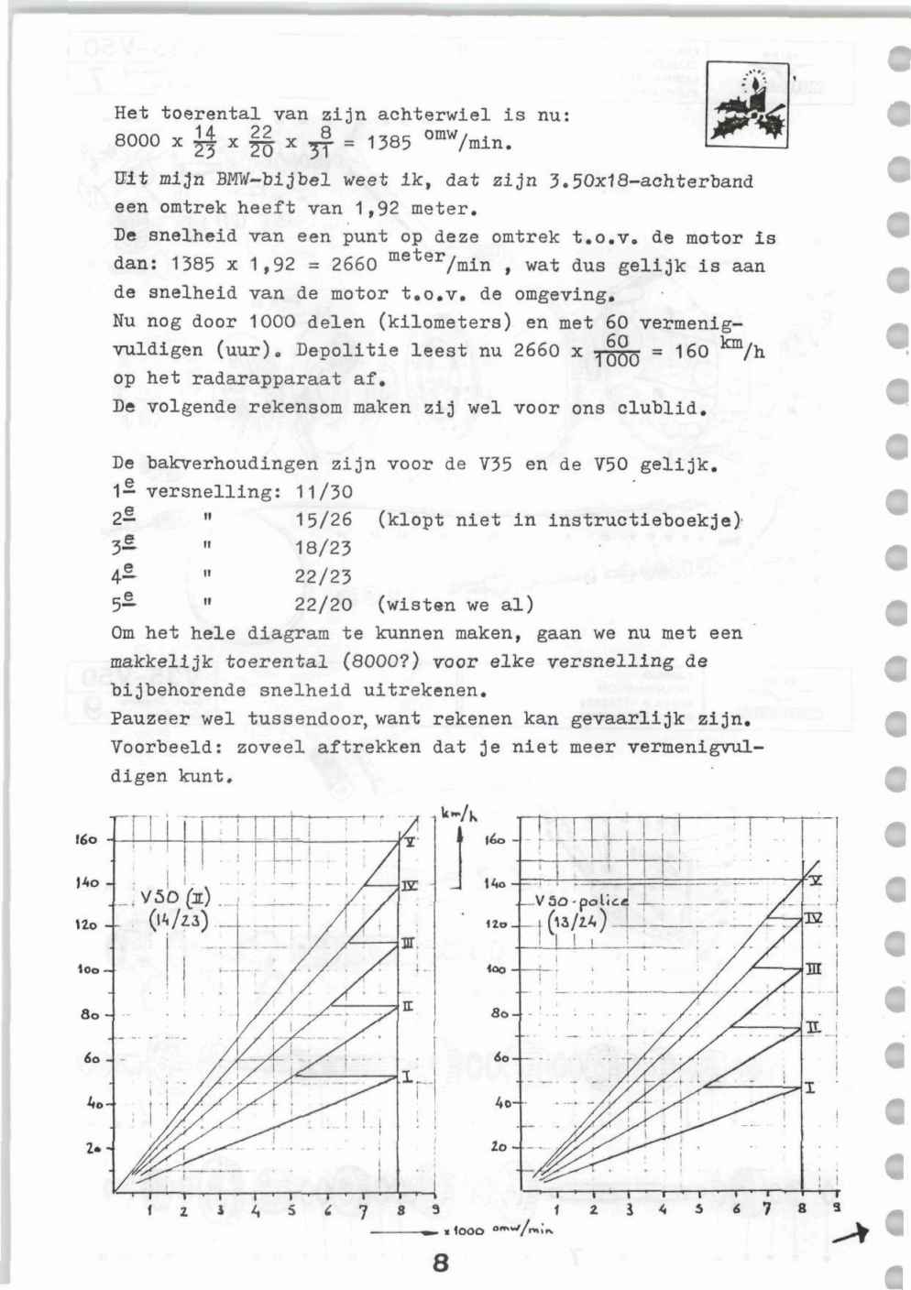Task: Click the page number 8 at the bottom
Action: (440, 1263)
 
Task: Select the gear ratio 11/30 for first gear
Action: (311, 492)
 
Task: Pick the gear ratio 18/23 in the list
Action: (311, 548)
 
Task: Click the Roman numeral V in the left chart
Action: (411, 841)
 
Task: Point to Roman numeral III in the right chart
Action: (812, 969)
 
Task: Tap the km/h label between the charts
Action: (456, 813)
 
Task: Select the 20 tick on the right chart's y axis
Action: (499, 1146)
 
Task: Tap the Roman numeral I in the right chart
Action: (810, 1088)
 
